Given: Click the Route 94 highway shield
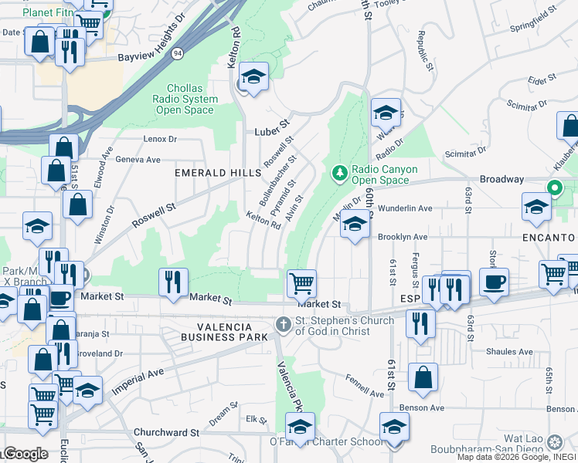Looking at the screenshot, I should [x=178, y=53].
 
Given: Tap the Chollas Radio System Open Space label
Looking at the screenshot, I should [x=185, y=99].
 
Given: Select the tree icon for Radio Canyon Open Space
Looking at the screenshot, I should [x=338, y=171].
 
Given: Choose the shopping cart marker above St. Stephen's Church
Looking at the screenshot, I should [x=301, y=282].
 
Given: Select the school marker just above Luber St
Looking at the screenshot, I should [x=253, y=77].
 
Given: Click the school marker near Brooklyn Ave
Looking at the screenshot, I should [x=355, y=225].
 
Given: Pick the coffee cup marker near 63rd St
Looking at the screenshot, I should [x=494, y=281].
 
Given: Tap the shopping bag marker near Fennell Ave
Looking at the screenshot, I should [x=423, y=377].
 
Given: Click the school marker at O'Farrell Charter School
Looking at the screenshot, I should [x=300, y=426].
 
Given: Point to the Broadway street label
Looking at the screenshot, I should [x=501, y=179].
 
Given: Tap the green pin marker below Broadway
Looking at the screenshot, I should [x=553, y=188].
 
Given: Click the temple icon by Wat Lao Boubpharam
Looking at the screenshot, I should [x=554, y=442].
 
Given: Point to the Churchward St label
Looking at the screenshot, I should [x=166, y=433].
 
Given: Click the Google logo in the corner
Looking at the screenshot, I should [x=25, y=454].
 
